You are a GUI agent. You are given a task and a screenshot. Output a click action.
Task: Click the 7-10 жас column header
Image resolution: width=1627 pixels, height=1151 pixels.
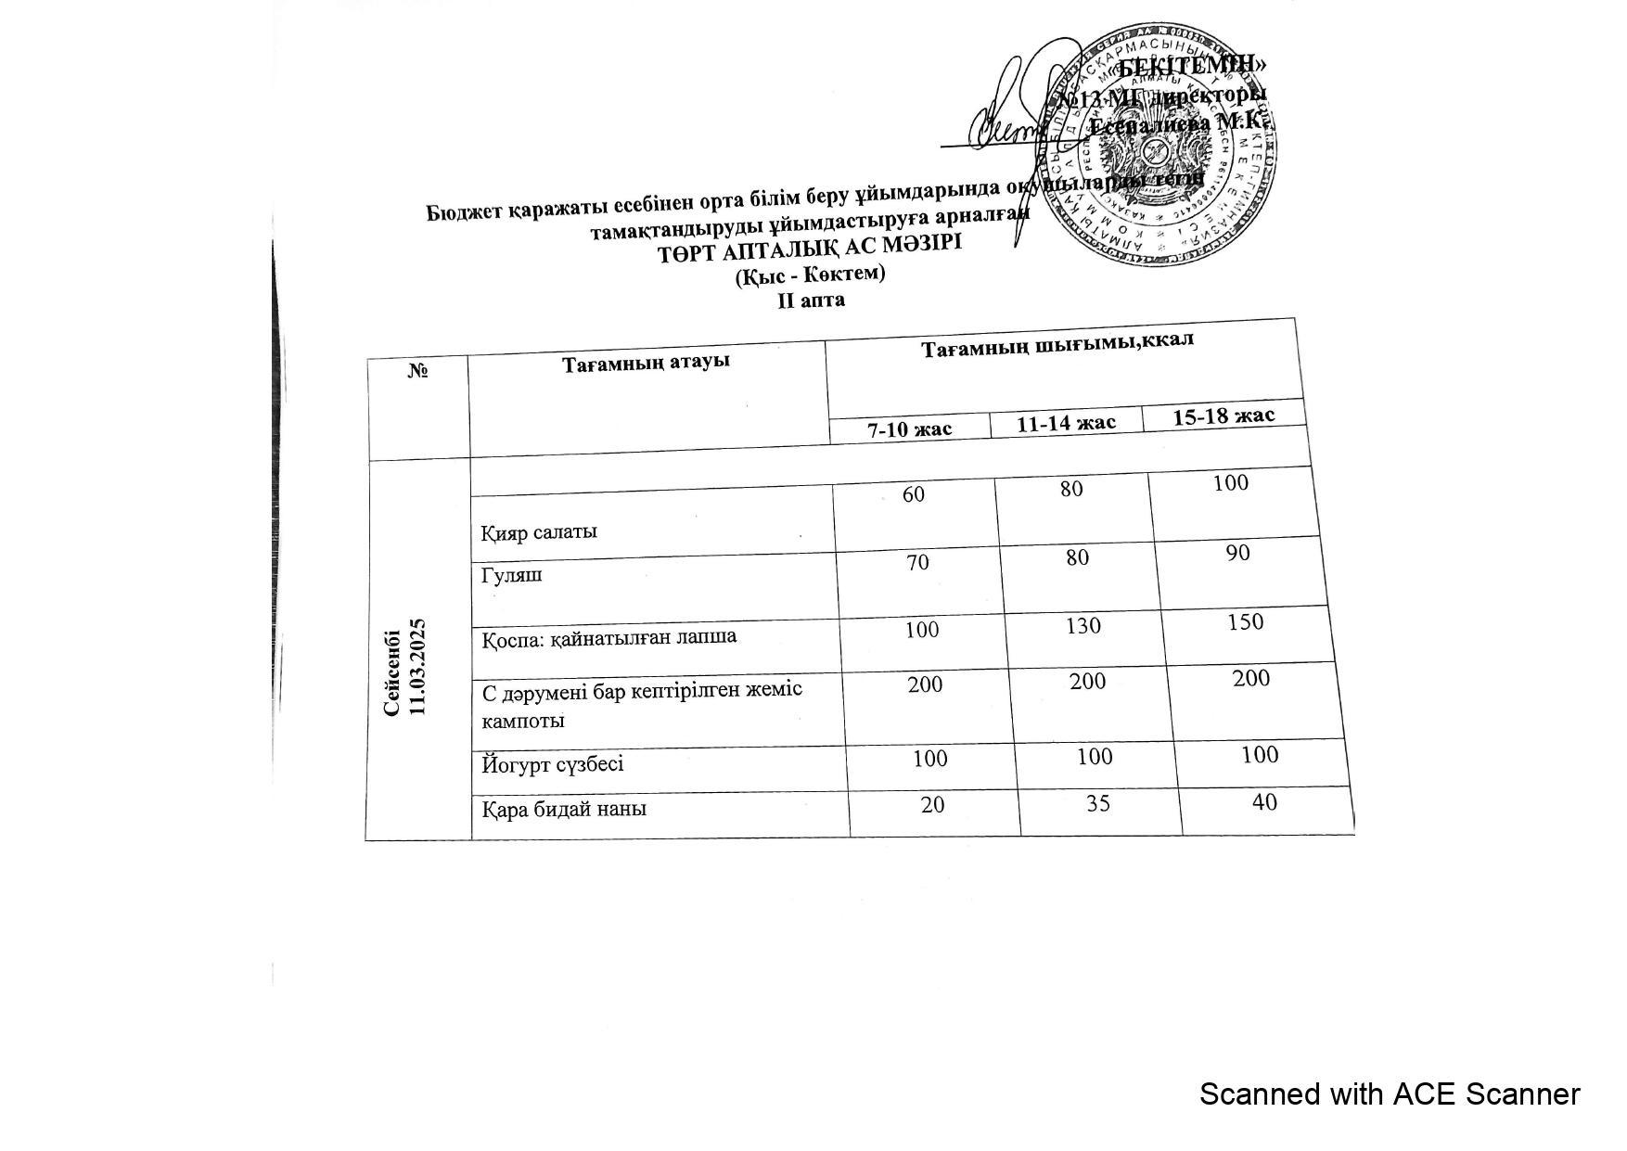909,429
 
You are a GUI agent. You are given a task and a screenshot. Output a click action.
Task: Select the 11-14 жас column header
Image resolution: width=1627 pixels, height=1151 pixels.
1066,423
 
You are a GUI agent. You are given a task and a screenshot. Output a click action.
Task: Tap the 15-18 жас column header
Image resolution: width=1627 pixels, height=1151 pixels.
1223,415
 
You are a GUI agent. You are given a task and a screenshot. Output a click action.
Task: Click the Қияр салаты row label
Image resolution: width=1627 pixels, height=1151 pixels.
539,532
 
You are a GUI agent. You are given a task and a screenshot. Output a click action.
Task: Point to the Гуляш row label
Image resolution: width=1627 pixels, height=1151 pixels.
512,575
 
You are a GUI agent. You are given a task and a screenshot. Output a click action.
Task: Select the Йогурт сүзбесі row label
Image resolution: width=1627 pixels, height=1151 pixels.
553,764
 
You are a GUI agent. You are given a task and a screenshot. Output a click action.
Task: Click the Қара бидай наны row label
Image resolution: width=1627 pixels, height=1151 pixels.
564,809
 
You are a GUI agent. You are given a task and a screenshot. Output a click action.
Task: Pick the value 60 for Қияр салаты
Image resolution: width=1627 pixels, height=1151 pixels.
914,494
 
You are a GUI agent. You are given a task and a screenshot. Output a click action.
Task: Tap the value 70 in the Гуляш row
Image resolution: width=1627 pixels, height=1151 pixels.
918,561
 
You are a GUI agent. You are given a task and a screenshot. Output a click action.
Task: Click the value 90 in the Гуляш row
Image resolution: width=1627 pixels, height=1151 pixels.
1237,554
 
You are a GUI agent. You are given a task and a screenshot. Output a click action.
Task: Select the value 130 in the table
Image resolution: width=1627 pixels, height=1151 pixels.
1083,626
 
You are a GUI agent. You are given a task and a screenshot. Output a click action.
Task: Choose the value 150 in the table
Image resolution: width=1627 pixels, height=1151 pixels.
1245,621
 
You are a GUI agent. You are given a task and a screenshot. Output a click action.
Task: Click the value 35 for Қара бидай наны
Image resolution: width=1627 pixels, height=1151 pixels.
1098,802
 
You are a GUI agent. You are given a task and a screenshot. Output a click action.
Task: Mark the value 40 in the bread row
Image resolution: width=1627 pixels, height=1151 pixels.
1264,802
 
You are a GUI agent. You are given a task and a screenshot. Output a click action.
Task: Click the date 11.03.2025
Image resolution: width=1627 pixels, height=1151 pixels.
416,666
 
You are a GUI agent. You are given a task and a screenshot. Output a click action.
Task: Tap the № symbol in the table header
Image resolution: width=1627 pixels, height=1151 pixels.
418,371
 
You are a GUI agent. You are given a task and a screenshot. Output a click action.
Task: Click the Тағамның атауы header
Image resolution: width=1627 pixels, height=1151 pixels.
646,362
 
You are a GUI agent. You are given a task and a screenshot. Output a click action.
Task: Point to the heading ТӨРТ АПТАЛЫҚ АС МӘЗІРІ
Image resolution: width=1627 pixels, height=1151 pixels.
810,248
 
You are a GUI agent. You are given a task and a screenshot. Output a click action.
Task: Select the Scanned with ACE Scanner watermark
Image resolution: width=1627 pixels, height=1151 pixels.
1389,1094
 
